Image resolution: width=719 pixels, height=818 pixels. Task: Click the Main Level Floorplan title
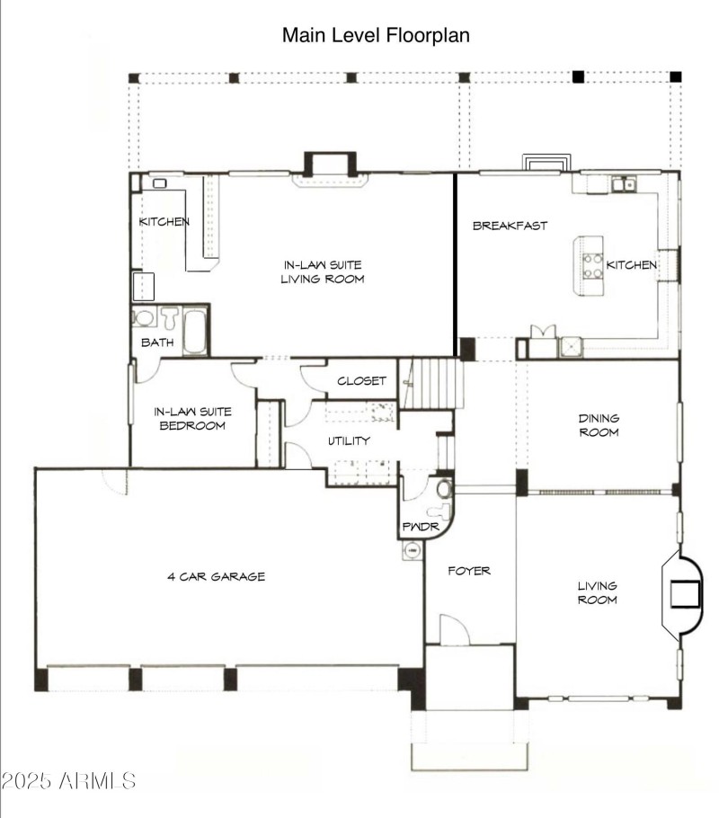click(x=376, y=35)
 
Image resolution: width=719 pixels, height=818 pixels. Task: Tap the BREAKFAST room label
click(x=510, y=226)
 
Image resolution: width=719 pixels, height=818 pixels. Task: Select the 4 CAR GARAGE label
click(x=216, y=576)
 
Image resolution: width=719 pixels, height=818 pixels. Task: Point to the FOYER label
click(x=469, y=571)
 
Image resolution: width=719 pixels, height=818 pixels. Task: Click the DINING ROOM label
click(x=599, y=425)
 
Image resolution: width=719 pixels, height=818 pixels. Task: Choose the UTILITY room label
click(x=349, y=440)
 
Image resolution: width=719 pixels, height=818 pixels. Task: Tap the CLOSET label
click(x=361, y=381)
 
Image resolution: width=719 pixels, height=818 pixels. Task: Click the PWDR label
click(x=421, y=527)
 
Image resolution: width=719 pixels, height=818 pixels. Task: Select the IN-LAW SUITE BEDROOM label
click(x=192, y=418)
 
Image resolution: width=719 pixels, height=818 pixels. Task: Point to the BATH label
click(x=157, y=342)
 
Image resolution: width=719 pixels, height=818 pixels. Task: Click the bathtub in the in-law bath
click(x=196, y=333)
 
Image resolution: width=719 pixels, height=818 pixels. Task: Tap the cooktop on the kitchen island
click(x=593, y=265)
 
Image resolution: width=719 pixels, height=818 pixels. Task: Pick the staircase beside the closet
click(x=431, y=384)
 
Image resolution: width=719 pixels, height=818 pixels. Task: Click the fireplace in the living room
click(x=683, y=592)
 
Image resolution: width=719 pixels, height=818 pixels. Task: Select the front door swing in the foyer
click(x=455, y=629)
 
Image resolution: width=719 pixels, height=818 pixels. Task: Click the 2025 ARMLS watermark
click(x=68, y=781)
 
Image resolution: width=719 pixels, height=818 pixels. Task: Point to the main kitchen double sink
click(x=624, y=184)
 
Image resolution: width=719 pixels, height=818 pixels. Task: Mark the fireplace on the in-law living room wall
click(x=330, y=169)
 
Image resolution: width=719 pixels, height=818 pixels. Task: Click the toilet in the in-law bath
click(x=170, y=317)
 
